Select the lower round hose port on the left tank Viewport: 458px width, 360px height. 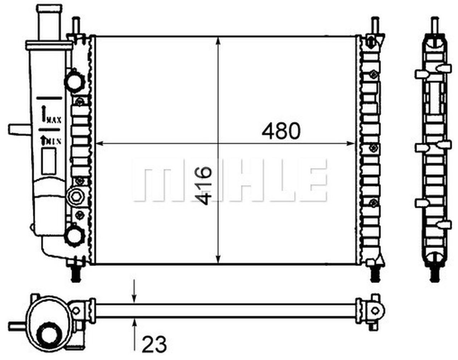75,235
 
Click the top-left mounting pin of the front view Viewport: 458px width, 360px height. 75,26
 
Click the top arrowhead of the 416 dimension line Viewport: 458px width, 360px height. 218,40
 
